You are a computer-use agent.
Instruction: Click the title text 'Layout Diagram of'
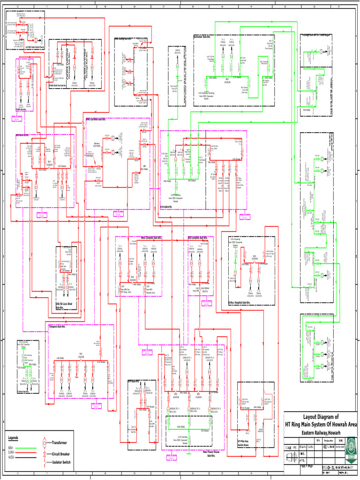pos(321,417)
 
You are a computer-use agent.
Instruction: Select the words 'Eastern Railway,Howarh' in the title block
pos(321,432)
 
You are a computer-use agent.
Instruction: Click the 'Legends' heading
pos(13,437)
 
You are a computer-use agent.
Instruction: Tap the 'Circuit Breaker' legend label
pos(64,455)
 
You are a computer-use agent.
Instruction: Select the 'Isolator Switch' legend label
pos(64,462)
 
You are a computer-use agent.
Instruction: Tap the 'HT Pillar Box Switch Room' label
pos(245,442)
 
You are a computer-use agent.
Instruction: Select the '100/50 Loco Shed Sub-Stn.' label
pos(64,305)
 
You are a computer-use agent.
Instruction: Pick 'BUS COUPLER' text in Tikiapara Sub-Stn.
pos(81,355)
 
